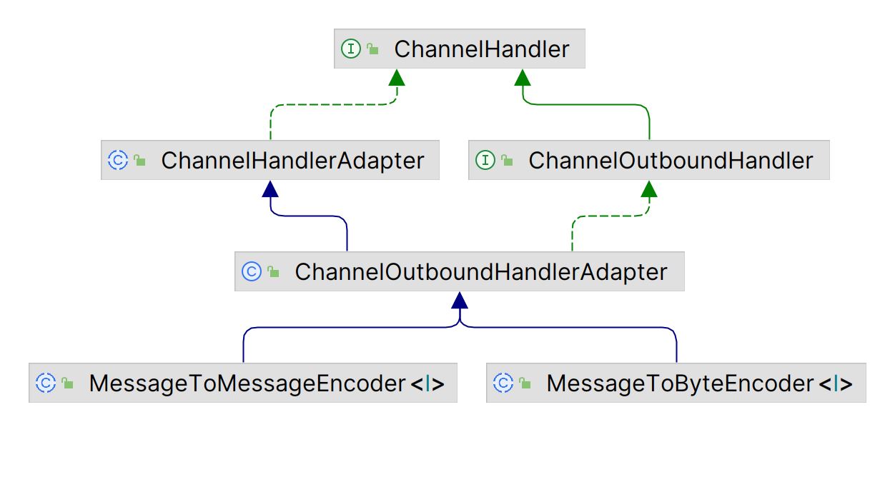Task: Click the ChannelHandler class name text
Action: (x=482, y=49)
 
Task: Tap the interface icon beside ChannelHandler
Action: (x=351, y=49)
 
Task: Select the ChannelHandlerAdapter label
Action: (x=292, y=161)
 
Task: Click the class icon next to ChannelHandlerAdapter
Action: (x=118, y=160)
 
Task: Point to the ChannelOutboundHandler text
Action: (x=671, y=161)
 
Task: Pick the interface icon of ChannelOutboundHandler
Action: (x=485, y=160)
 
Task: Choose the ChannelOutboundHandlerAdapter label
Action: (x=481, y=272)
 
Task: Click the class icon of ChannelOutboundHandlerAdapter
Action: (x=252, y=271)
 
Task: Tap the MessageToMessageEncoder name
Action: (x=247, y=383)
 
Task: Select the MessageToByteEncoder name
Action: (x=680, y=383)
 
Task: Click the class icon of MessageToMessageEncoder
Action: (x=46, y=383)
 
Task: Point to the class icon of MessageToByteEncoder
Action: (x=503, y=383)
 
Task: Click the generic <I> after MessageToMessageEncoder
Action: (x=427, y=384)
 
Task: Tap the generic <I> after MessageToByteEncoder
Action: (x=836, y=384)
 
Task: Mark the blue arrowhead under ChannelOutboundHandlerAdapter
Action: (x=460, y=300)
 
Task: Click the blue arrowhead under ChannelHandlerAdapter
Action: (x=270, y=189)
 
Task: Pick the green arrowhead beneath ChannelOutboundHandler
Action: (x=649, y=189)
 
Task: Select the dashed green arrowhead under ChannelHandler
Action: (x=397, y=77)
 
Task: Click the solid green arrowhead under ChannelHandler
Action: (x=523, y=77)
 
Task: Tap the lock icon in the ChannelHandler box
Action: (x=372, y=49)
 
